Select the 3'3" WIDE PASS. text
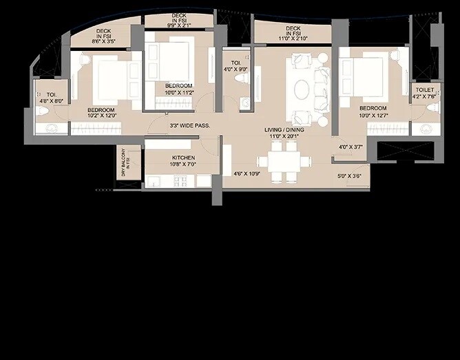(x=189, y=126)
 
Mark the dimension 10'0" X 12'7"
(x=373, y=115)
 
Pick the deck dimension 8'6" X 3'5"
(x=104, y=41)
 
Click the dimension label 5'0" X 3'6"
(x=350, y=175)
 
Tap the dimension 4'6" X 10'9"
(x=245, y=173)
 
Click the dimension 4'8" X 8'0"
(x=50, y=100)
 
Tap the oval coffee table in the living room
(x=302, y=89)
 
